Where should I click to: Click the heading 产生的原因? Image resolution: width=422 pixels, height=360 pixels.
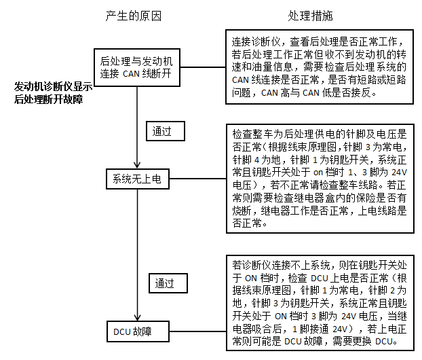(x=133, y=16)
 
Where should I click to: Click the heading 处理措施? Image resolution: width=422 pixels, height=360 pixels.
(x=310, y=16)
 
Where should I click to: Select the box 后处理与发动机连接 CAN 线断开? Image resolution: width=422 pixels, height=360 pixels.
(x=137, y=68)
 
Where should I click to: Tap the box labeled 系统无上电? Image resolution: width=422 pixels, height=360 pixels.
(x=138, y=179)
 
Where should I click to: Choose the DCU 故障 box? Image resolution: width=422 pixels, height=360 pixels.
(x=138, y=331)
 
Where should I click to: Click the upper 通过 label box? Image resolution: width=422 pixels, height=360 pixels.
(x=166, y=131)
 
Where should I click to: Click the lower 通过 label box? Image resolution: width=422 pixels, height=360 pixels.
(x=168, y=283)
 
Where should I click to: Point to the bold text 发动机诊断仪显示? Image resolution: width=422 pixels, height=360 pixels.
(x=54, y=87)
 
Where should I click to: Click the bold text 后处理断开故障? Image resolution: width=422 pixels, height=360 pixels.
(x=48, y=99)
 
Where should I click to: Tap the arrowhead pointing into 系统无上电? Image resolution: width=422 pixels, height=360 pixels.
(x=137, y=164)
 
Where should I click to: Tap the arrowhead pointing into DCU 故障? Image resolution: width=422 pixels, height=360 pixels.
(x=138, y=317)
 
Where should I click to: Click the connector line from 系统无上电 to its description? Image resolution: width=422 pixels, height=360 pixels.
(x=198, y=179)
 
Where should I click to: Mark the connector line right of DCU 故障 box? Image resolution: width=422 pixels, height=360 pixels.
(x=198, y=331)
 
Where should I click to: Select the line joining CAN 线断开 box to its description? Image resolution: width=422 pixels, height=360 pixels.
(x=203, y=67)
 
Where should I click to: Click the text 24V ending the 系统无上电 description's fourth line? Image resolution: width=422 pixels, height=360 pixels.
(x=400, y=172)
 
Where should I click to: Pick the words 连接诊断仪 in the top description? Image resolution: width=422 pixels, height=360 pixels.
(x=256, y=41)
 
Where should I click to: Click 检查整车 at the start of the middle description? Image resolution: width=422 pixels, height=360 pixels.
(x=252, y=134)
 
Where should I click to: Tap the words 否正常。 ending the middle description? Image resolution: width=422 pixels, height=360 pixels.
(x=250, y=223)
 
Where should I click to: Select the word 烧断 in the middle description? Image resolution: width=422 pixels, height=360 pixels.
(x=242, y=211)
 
